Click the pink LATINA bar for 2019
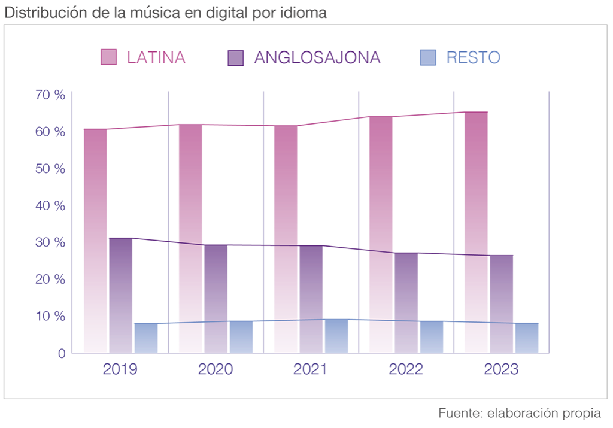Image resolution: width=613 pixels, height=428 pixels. pos(95,239)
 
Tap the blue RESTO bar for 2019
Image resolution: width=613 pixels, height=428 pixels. pos(146,338)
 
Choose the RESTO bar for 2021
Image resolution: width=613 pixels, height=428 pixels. pos(336,336)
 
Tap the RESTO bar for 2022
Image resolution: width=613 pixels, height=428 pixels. pos(432,337)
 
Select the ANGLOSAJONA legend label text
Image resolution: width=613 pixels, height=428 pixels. pos(317,57)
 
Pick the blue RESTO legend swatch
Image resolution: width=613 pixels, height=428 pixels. pos(428,57)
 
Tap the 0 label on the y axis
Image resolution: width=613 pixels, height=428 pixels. pos(61,353)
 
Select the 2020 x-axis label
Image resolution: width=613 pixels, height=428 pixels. pos(216,369)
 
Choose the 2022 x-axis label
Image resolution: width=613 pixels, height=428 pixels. pos(406,369)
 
